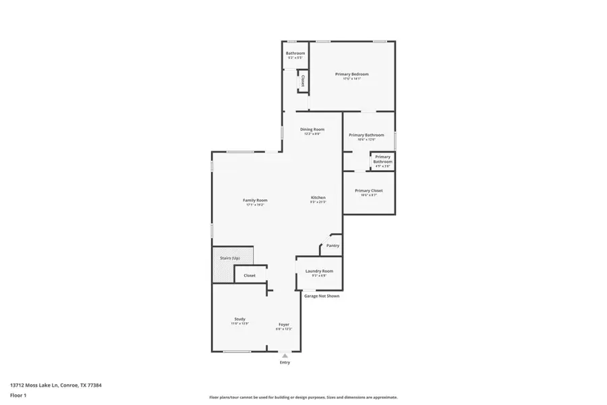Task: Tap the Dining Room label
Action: click(x=312, y=130)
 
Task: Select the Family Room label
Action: click(x=255, y=200)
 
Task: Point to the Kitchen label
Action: click(x=318, y=198)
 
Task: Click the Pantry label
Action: click(x=333, y=246)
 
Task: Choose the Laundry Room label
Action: click(x=319, y=271)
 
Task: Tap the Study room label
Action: click(x=240, y=319)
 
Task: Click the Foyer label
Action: click(x=284, y=325)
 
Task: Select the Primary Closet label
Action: click(x=368, y=191)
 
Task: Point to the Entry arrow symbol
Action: click(x=285, y=355)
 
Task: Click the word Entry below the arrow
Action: click(x=285, y=363)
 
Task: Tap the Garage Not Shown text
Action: click(x=321, y=296)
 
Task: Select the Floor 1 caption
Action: click(x=19, y=395)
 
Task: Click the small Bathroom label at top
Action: click(x=295, y=53)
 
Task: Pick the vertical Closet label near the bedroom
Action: click(x=303, y=81)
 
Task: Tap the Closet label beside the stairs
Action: click(x=250, y=275)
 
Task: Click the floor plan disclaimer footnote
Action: click(x=303, y=398)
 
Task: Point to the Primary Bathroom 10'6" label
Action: click(x=366, y=136)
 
